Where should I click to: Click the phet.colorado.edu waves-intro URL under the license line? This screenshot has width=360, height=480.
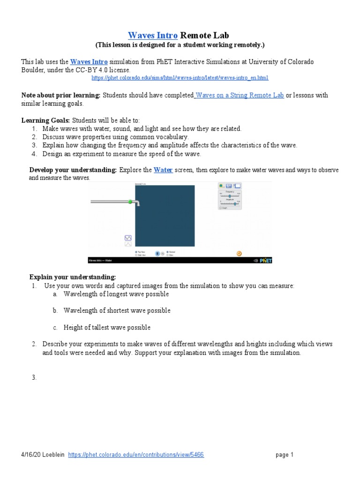click(x=180, y=77)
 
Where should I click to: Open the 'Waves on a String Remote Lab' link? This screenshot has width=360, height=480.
click(x=240, y=95)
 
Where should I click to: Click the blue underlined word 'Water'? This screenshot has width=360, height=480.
click(x=163, y=170)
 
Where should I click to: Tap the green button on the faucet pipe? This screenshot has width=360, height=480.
click(x=130, y=202)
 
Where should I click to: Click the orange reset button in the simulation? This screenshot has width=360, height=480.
click(x=239, y=254)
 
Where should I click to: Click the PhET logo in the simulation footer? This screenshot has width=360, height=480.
click(x=265, y=261)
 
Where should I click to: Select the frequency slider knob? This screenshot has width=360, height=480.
click(x=229, y=196)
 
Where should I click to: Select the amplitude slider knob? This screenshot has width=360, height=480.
click(x=235, y=203)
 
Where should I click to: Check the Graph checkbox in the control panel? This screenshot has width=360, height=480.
click(x=221, y=208)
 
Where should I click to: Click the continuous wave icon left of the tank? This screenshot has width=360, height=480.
click(x=128, y=238)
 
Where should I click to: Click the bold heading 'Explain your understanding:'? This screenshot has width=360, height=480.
click(x=72, y=277)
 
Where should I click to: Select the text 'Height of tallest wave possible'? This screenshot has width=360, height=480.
click(x=107, y=327)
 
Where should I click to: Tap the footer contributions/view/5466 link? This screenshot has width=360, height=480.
click(x=136, y=455)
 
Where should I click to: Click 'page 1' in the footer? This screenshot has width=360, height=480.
click(x=284, y=455)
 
